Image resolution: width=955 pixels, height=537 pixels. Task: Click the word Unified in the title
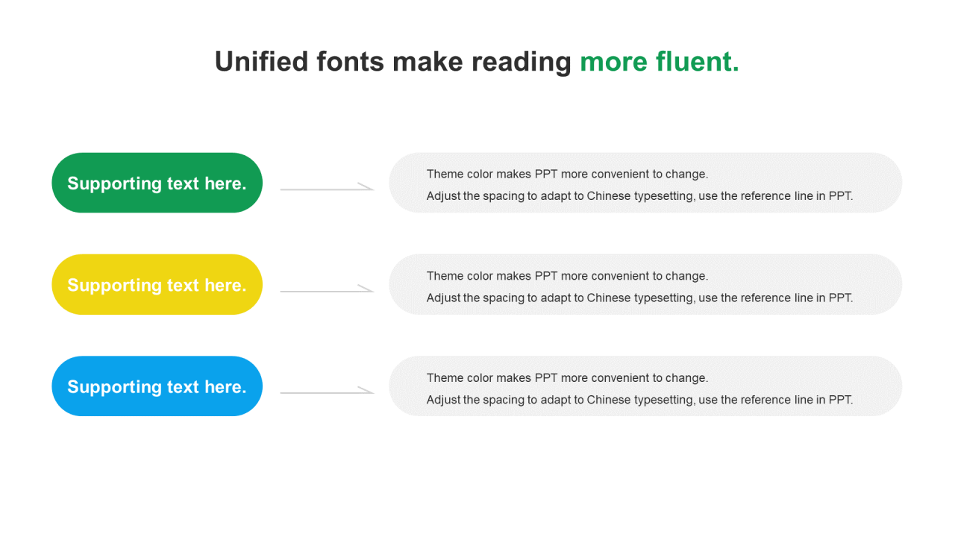[261, 61]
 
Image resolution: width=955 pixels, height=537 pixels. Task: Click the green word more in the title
[614, 64]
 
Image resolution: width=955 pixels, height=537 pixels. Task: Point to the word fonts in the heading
[350, 61]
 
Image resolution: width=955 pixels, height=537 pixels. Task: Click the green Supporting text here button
[157, 183]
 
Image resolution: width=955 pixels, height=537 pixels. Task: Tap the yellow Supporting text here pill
[157, 285]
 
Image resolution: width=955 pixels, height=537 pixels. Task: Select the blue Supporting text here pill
[157, 386]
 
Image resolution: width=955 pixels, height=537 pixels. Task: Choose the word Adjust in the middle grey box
[443, 298]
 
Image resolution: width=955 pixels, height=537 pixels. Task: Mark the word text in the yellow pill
[183, 286]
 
